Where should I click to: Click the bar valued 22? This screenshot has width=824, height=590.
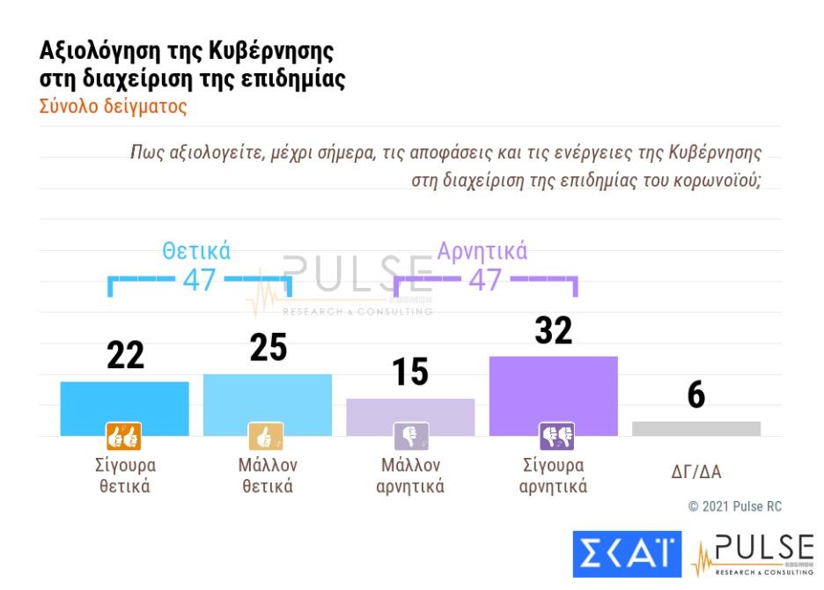pos(124,407)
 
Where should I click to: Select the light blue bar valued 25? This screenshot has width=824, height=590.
pos(268,403)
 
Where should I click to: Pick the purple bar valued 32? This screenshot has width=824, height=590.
pos(553,395)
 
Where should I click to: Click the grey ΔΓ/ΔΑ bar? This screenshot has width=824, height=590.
pos(695,428)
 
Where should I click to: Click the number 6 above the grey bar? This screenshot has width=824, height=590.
pos(696,396)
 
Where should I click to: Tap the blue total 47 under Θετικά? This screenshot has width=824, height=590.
pos(200,280)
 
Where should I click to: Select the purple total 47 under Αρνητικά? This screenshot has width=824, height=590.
pos(484,280)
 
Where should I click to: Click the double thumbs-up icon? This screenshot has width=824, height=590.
pos(124,436)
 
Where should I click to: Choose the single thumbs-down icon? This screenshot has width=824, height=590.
pos(410,436)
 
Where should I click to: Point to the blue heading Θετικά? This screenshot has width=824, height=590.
pos(196,251)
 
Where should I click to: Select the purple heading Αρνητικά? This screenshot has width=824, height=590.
pos(482,251)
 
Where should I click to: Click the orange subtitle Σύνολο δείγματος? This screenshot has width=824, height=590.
pos(114,107)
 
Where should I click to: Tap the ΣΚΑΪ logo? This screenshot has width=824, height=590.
pos(627,552)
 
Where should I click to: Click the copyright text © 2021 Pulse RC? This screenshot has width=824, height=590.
pos(734,506)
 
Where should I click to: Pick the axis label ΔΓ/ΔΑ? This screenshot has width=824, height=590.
pos(695,472)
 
